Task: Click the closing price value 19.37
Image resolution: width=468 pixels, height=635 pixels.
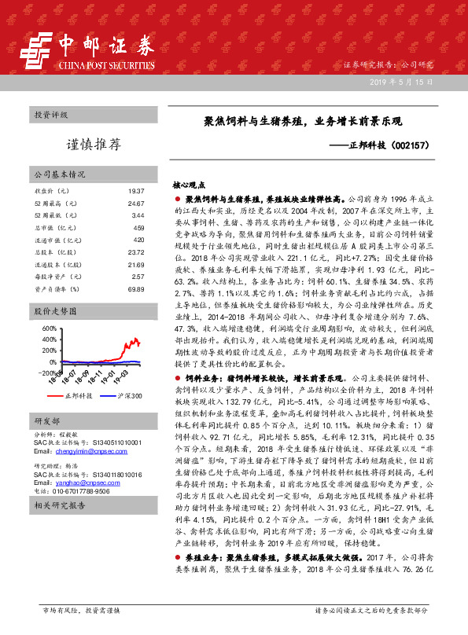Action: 135,191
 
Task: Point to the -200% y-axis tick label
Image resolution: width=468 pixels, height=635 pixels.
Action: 45,372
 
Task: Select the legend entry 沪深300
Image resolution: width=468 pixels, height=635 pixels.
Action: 126,395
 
